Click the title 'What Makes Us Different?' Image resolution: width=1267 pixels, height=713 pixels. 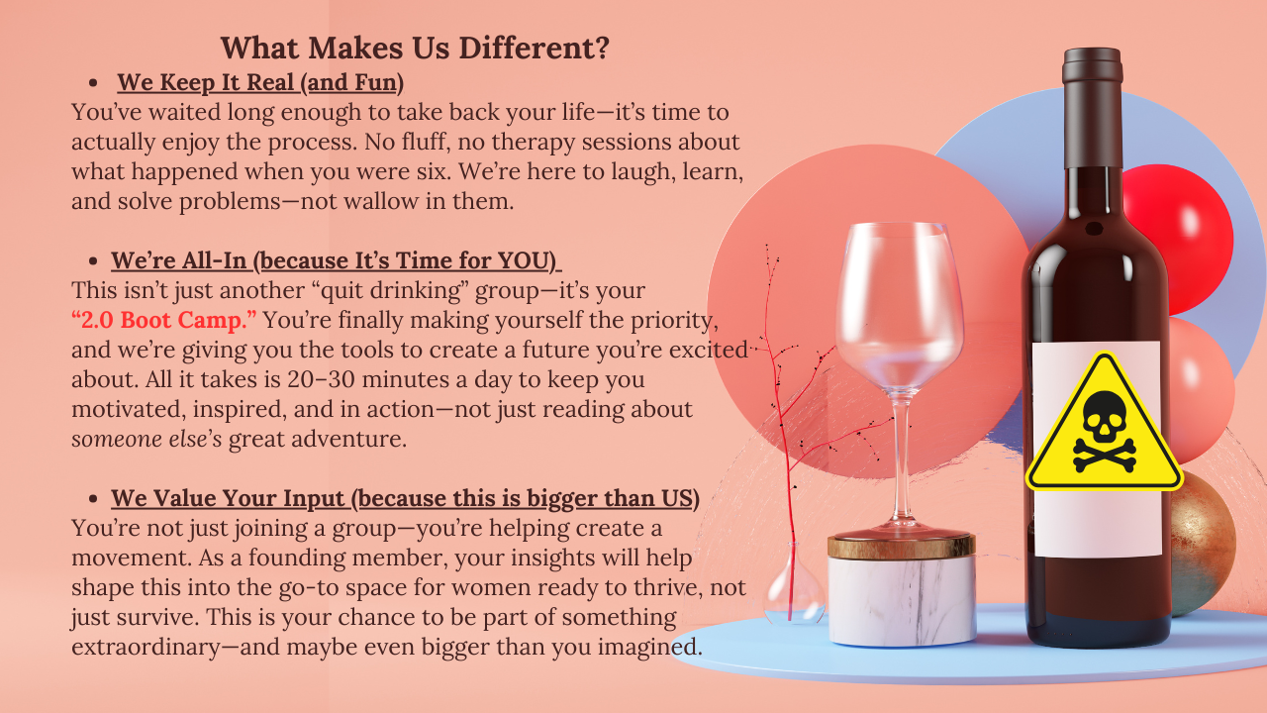coord(414,48)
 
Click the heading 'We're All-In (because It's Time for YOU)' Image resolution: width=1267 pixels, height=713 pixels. coord(336,261)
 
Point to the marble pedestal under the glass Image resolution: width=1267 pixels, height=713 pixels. coord(901,594)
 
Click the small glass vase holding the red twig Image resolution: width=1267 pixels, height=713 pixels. coord(794,589)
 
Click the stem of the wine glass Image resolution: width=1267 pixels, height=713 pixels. coord(900,456)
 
